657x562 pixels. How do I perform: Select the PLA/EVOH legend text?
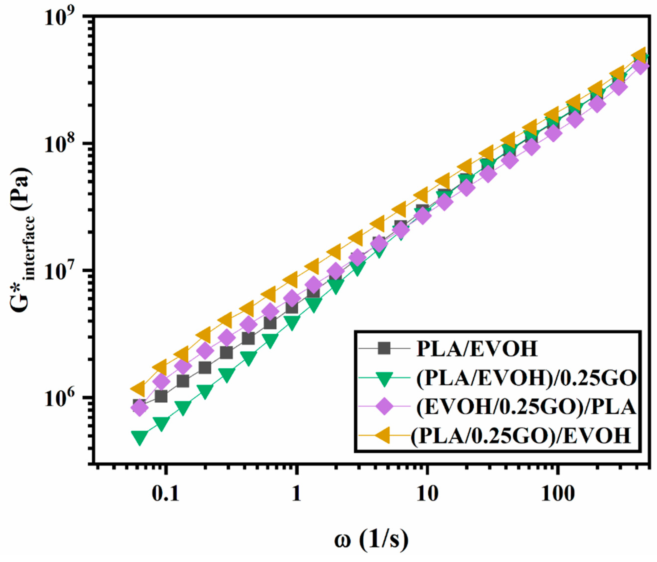coord(477,349)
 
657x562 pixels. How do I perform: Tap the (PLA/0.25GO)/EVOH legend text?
coord(520,435)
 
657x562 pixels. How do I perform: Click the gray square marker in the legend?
coord(385,349)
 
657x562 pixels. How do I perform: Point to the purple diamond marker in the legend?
coord(385,407)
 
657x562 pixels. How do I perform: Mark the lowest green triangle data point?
coord(139,438)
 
